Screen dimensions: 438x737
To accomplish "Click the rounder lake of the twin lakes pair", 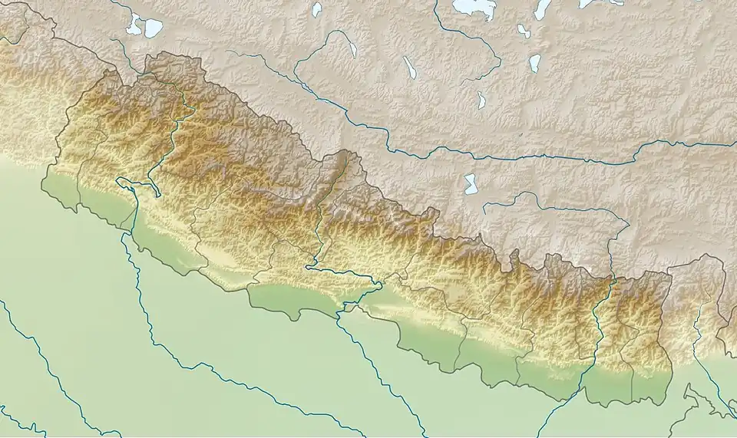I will (x=154, y=28).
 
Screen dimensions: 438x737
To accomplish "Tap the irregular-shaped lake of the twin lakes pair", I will (x=135, y=25).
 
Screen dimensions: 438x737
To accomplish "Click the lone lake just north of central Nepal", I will (x=469, y=183).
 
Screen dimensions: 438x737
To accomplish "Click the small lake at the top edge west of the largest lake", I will (x=316, y=9).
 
